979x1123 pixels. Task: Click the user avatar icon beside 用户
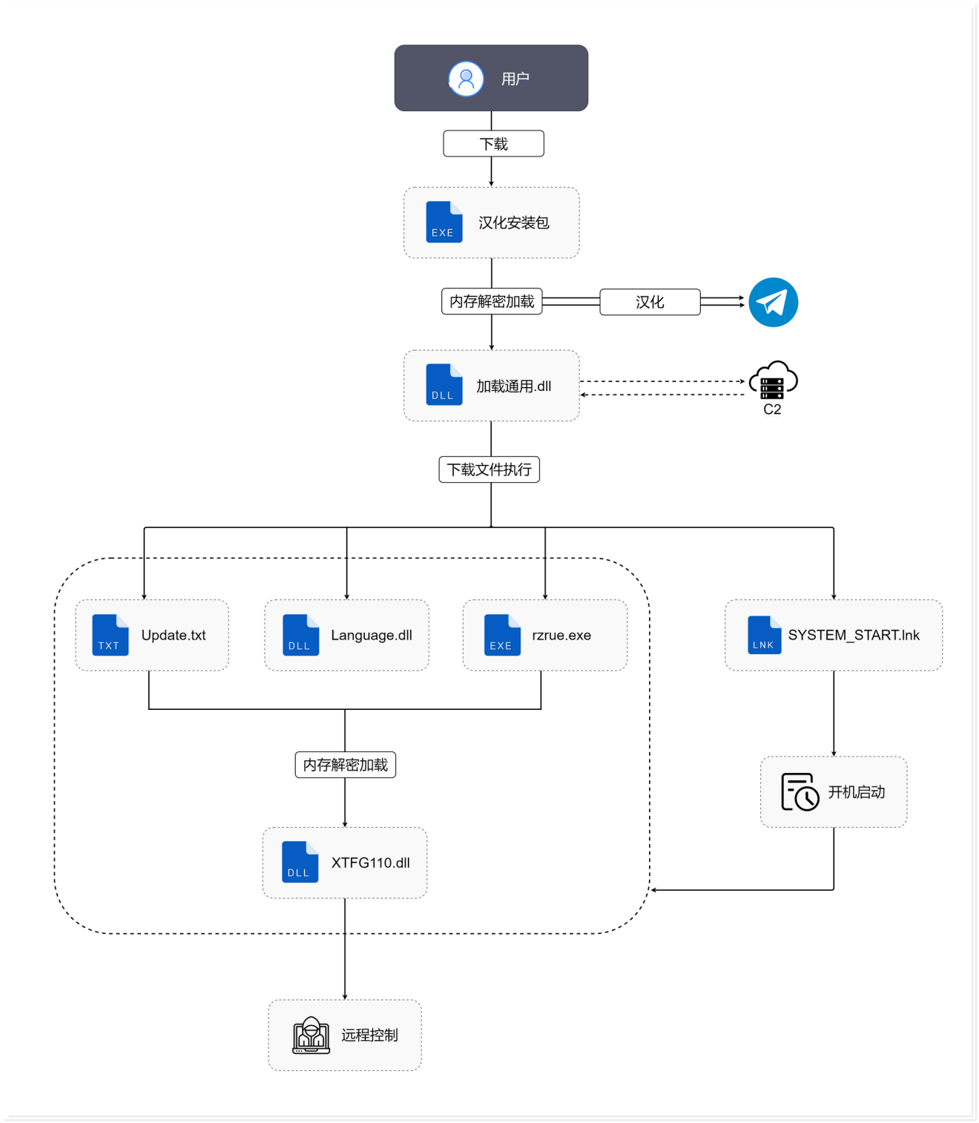[x=466, y=79]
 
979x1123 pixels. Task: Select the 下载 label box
[x=493, y=144]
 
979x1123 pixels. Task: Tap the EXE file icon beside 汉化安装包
[x=444, y=222]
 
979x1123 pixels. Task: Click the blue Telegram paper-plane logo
[x=773, y=302]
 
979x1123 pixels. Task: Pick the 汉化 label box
[x=650, y=302]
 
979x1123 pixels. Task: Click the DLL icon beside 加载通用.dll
[x=444, y=384]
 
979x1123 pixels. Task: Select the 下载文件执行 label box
[x=489, y=470]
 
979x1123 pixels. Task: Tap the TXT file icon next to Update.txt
[x=110, y=635]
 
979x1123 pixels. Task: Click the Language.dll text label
[x=372, y=635]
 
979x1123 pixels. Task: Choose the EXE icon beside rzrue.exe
[x=501, y=635]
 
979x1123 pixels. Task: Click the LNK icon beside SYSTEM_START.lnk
[x=764, y=635]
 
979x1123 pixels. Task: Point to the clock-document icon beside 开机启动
[x=800, y=792]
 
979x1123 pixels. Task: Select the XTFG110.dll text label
[x=370, y=863]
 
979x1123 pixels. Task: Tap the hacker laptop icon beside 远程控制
[x=311, y=1035]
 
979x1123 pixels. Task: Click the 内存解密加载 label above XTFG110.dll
[x=345, y=765]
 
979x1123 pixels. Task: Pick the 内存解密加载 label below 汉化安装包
[x=492, y=301]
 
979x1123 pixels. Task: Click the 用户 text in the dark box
[x=515, y=79]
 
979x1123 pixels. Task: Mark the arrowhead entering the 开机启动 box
[x=834, y=754]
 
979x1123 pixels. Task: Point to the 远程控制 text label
[x=369, y=1035]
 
